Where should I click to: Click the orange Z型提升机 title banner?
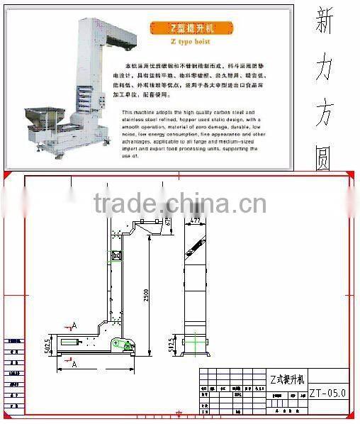[186, 29]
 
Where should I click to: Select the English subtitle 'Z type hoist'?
[186, 43]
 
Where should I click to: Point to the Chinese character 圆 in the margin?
[324, 161]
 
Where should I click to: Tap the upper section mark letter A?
[73, 325]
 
